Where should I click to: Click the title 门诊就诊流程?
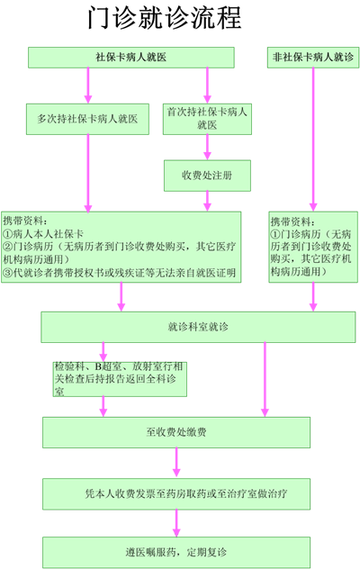click(165, 17)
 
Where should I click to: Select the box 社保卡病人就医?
click(131, 58)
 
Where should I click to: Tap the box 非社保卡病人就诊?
click(313, 58)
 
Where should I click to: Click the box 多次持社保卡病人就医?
click(87, 119)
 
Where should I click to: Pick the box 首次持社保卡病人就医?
click(207, 119)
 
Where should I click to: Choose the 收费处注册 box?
click(207, 176)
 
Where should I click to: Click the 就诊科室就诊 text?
click(198, 327)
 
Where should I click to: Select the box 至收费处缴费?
click(176, 432)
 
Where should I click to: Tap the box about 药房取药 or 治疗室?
click(176, 494)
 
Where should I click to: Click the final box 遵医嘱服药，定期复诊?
click(176, 552)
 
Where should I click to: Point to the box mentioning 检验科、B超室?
click(120, 379)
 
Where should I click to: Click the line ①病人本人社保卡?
click(43, 234)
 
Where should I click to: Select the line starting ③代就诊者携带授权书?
click(120, 273)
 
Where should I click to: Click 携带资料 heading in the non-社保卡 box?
click(293, 221)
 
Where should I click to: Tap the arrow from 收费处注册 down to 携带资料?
click(207, 201)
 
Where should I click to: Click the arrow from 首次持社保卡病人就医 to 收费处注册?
click(207, 147)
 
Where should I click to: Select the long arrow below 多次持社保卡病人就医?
click(88, 173)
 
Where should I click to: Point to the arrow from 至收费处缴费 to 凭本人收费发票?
click(176, 462)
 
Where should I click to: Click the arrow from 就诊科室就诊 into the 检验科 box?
click(103, 352)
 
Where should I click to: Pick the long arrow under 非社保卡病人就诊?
click(313, 139)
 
